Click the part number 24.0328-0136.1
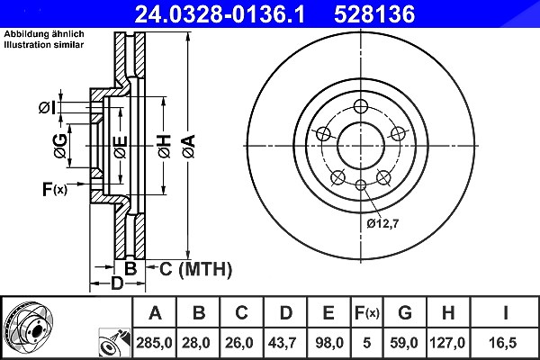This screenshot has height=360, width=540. click(220, 14)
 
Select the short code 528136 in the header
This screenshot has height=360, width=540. click(374, 14)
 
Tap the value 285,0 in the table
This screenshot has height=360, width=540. click(154, 343)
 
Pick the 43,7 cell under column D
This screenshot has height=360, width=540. click(282, 343)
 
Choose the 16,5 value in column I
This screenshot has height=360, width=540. click(503, 343)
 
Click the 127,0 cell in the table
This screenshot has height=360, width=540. click(447, 343)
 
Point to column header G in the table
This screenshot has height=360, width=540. click(405, 313)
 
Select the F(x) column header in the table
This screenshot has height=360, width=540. click(367, 313)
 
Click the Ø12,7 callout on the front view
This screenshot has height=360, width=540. click(382, 223)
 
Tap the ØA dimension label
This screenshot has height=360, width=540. click(189, 147)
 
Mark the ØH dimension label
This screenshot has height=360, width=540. click(165, 147)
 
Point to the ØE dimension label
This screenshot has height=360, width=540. click(121, 147)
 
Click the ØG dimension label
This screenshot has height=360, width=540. click(60, 146)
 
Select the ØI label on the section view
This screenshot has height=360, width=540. click(47, 108)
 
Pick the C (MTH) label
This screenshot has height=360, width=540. click(195, 269)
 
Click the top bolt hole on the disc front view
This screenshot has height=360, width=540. click(361, 106)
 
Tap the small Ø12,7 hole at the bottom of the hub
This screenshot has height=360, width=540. click(361, 185)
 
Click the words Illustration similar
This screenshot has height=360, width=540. click(44, 45)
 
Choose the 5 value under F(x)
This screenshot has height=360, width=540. click(367, 343)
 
